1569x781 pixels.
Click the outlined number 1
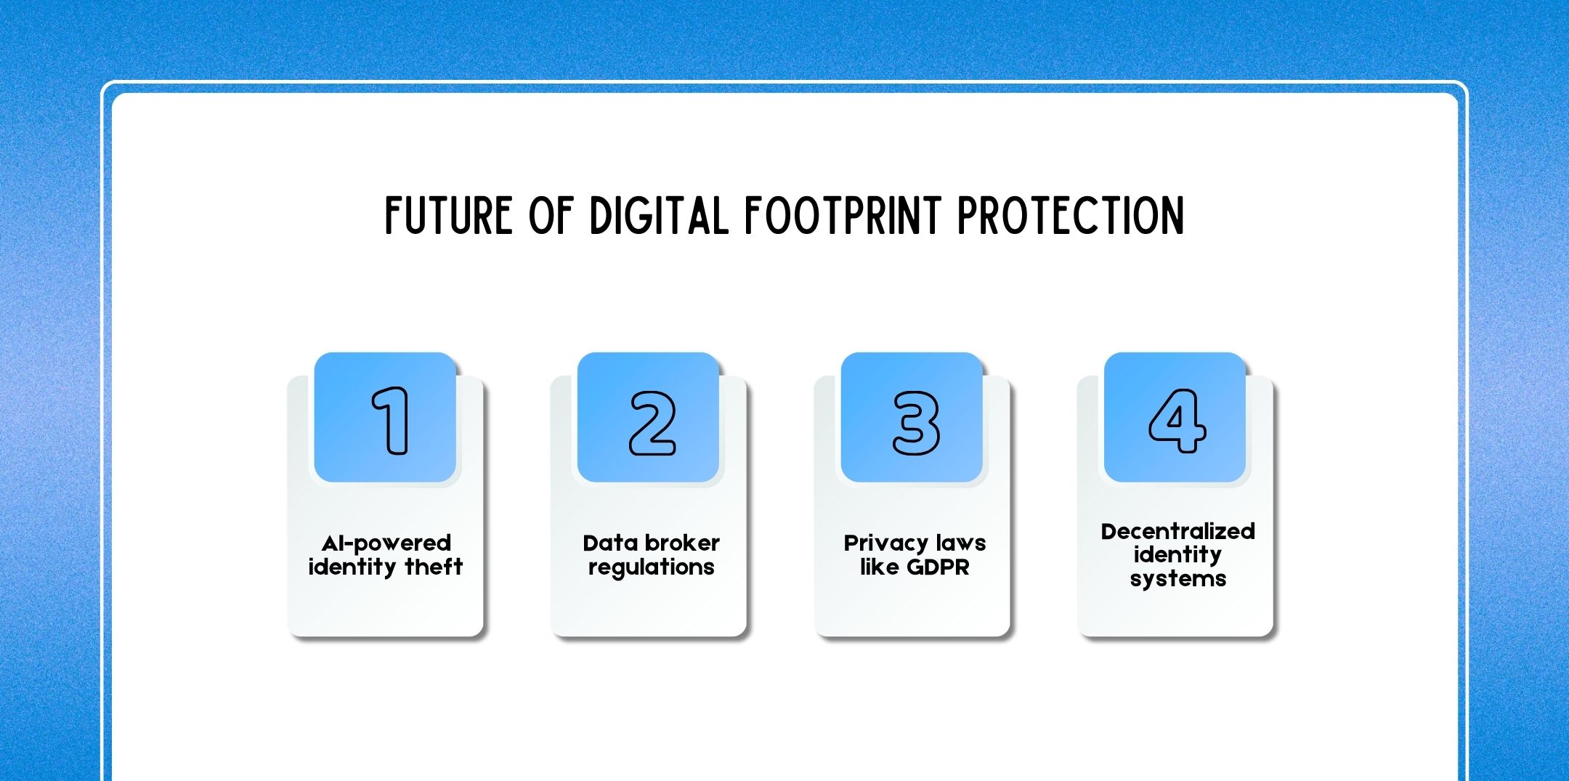[x=391, y=421]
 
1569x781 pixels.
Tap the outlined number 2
[x=652, y=423]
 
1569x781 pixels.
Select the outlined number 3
[x=915, y=423]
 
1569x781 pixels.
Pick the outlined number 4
[x=1177, y=421]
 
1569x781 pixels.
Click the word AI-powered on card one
[x=386, y=543]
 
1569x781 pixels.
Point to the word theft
[x=434, y=567]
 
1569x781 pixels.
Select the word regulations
[x=651, y=567]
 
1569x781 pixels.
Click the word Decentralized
[x=1177, y=531]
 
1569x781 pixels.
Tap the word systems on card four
[x=1177, y=579]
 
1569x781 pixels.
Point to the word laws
[x=960, y=543]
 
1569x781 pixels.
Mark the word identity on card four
[x=1177, y=555]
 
